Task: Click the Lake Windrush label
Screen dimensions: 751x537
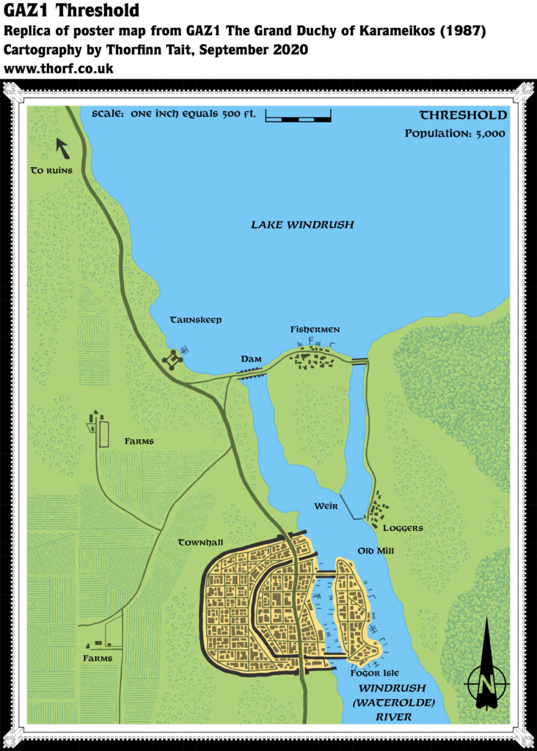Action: [302, 224]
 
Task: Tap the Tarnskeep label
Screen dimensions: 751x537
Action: [196, 320]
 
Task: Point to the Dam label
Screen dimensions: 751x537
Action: [252, 359]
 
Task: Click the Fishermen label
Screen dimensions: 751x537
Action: [315, 330]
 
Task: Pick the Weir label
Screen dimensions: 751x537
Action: [326, 506]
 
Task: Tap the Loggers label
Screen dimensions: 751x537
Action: [403, 527]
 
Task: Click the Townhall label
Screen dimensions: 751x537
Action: [200, 543]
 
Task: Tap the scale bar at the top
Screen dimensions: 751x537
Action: [298, 115]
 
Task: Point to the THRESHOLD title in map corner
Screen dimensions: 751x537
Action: [463, 115]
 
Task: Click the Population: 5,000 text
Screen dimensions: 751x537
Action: [456, 133]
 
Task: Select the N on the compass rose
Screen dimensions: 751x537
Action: [485, 683]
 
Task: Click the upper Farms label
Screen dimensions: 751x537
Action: [139, 442]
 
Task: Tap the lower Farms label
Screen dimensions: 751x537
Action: [98, 659]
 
